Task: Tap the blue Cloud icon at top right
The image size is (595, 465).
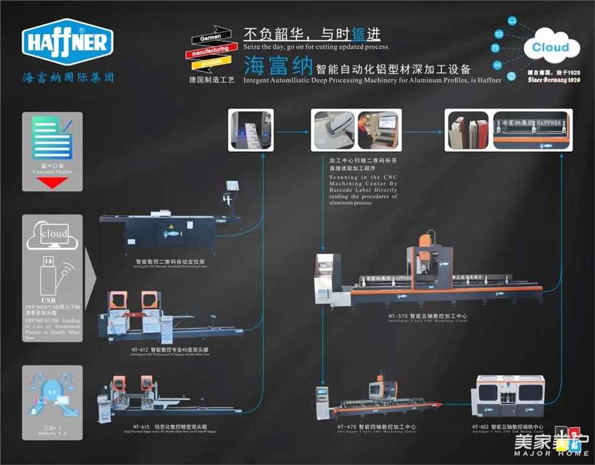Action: pos(550,47)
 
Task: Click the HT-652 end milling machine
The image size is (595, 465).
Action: pos(519,397)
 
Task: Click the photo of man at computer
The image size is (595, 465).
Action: pos(378,130)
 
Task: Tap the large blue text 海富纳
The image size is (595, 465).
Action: pos(276,64)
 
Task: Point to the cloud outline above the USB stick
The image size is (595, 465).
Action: pos(53,235)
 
